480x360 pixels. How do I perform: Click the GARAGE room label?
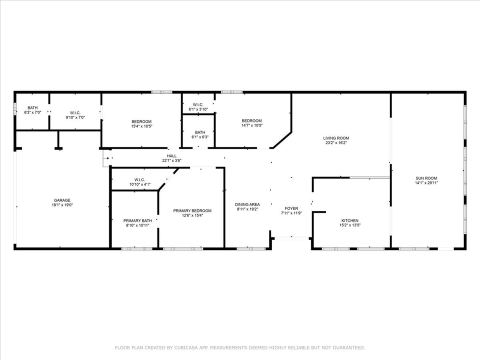click(62, 200)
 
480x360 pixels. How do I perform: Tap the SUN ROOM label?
click(426, 178)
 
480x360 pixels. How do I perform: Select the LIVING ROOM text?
click(336, 138)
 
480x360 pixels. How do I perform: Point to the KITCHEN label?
click(349, 220)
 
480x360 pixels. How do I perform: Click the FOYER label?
click(291, 208)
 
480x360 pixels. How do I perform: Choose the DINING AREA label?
click(247, 204)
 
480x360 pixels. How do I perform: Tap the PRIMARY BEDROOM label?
click(192, 211)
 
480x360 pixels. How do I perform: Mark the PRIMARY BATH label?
click(137, 220)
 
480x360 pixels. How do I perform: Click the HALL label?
click(171, 156)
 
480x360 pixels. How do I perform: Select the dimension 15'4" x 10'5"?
click(141, 126)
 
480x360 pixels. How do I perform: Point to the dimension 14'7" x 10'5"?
click(251, 125)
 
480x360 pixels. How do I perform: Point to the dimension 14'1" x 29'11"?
click(426, 183)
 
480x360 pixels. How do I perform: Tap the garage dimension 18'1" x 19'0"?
click(62, 205)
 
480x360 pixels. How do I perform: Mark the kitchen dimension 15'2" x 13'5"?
click(349, 225)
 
